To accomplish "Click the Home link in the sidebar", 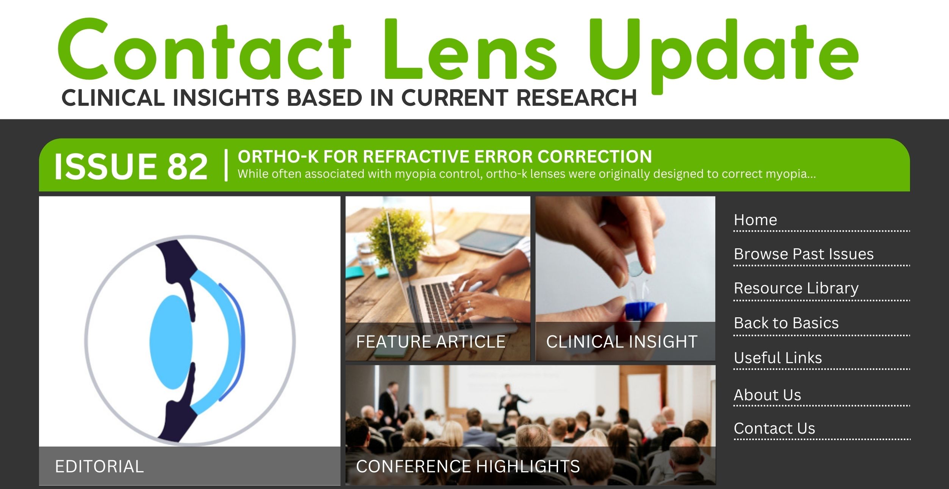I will click(x=755, y=220).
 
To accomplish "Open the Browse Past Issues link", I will click(x=803, y=254).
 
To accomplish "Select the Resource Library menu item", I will click(x=796, y=288).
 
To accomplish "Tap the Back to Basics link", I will click(x=786, y=323).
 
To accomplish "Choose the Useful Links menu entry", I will click(x=777, y=358).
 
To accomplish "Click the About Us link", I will click(x=767, y=395).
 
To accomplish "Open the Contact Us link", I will click(x=774, y=428).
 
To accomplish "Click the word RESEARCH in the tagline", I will click(x=576, y=98).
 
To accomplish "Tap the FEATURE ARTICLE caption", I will click(x=430, y=342).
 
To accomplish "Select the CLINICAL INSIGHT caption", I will click(x=621, y=342).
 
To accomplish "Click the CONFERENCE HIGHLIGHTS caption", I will click(x=467, y=466).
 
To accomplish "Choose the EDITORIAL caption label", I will click(x=99, y=466).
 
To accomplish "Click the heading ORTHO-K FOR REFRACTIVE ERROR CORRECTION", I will click(x=444, y=157).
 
